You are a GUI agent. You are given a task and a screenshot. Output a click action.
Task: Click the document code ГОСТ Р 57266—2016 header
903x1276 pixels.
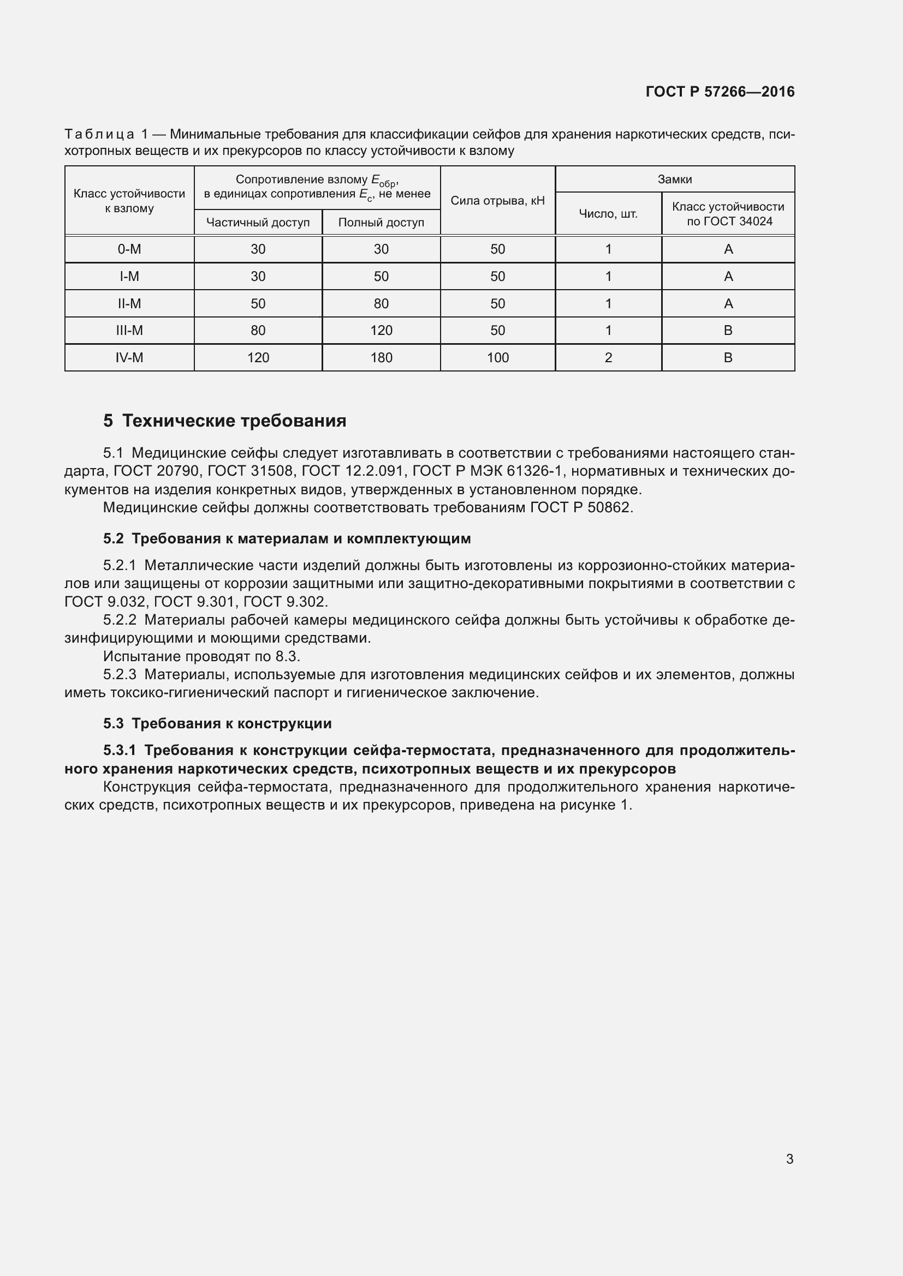720,92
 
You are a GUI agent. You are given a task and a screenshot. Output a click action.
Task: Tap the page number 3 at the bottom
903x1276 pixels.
789,1159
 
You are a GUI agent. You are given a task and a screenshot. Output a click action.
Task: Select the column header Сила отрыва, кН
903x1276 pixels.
497,201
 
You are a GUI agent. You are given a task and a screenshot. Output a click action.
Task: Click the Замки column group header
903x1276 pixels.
674,179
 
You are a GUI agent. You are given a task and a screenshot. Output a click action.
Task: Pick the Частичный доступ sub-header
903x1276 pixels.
258,222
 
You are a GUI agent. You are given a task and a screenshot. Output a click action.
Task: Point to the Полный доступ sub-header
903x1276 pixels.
381,222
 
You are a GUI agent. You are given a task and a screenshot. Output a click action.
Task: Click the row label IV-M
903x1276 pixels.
129,357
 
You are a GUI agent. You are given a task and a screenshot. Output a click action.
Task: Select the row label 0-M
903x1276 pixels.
129,249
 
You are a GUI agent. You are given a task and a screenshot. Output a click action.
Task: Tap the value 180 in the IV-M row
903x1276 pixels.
381,357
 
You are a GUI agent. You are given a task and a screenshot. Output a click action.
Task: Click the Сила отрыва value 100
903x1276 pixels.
497,357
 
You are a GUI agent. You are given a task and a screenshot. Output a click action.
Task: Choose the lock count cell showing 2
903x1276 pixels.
608,357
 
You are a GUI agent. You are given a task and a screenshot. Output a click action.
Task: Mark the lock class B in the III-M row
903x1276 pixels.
727,330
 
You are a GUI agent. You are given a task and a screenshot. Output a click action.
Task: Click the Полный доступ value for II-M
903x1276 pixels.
381,303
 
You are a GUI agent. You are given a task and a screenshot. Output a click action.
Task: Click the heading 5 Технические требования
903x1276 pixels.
224,421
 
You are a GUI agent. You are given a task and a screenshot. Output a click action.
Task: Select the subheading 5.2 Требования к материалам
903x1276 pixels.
287,538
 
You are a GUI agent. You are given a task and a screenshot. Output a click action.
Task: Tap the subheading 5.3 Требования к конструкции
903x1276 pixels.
217,723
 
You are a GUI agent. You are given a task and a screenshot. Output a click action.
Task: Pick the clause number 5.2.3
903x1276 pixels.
120,675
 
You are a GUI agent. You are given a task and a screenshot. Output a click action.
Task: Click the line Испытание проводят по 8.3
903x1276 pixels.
201,656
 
